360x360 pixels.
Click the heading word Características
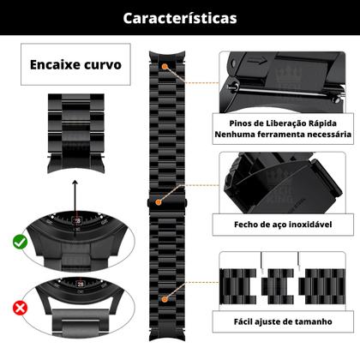coord(180,17)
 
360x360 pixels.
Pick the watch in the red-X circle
coord(78,303)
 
